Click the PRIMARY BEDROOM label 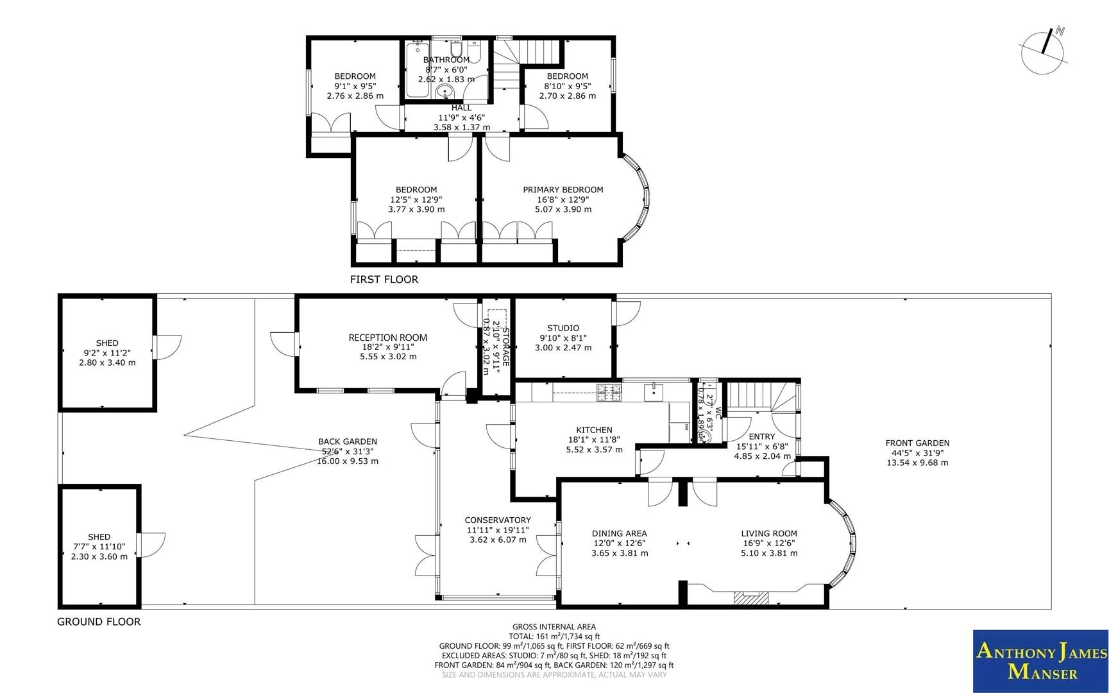pos(563,189)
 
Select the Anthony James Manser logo pos(1040,671)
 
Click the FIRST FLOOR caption pos(384,279)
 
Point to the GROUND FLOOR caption pos(99,621)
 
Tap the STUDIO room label pos(563,328)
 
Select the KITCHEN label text pos(594,430)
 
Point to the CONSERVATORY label pos(498,520)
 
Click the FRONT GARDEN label pos(917,443)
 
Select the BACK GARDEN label pos(348,441)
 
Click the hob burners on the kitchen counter pos(609,392)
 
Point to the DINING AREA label pos(619,533)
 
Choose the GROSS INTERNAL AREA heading pos(554,627)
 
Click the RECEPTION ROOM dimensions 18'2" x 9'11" pos(388,347)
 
